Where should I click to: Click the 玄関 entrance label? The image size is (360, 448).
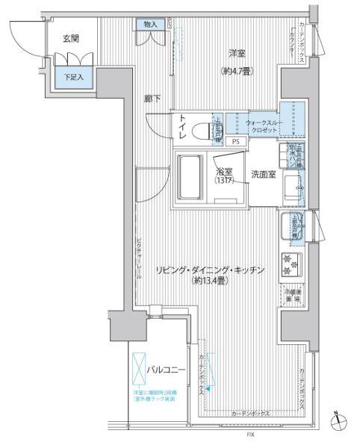click(71, 38)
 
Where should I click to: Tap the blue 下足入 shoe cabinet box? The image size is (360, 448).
click(72, 77)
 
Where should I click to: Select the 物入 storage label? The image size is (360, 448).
click(151, 25)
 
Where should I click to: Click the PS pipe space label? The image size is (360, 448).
click(236, 140)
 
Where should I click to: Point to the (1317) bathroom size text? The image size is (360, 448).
click(225, 181)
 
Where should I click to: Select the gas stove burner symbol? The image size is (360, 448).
click(289, 262)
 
